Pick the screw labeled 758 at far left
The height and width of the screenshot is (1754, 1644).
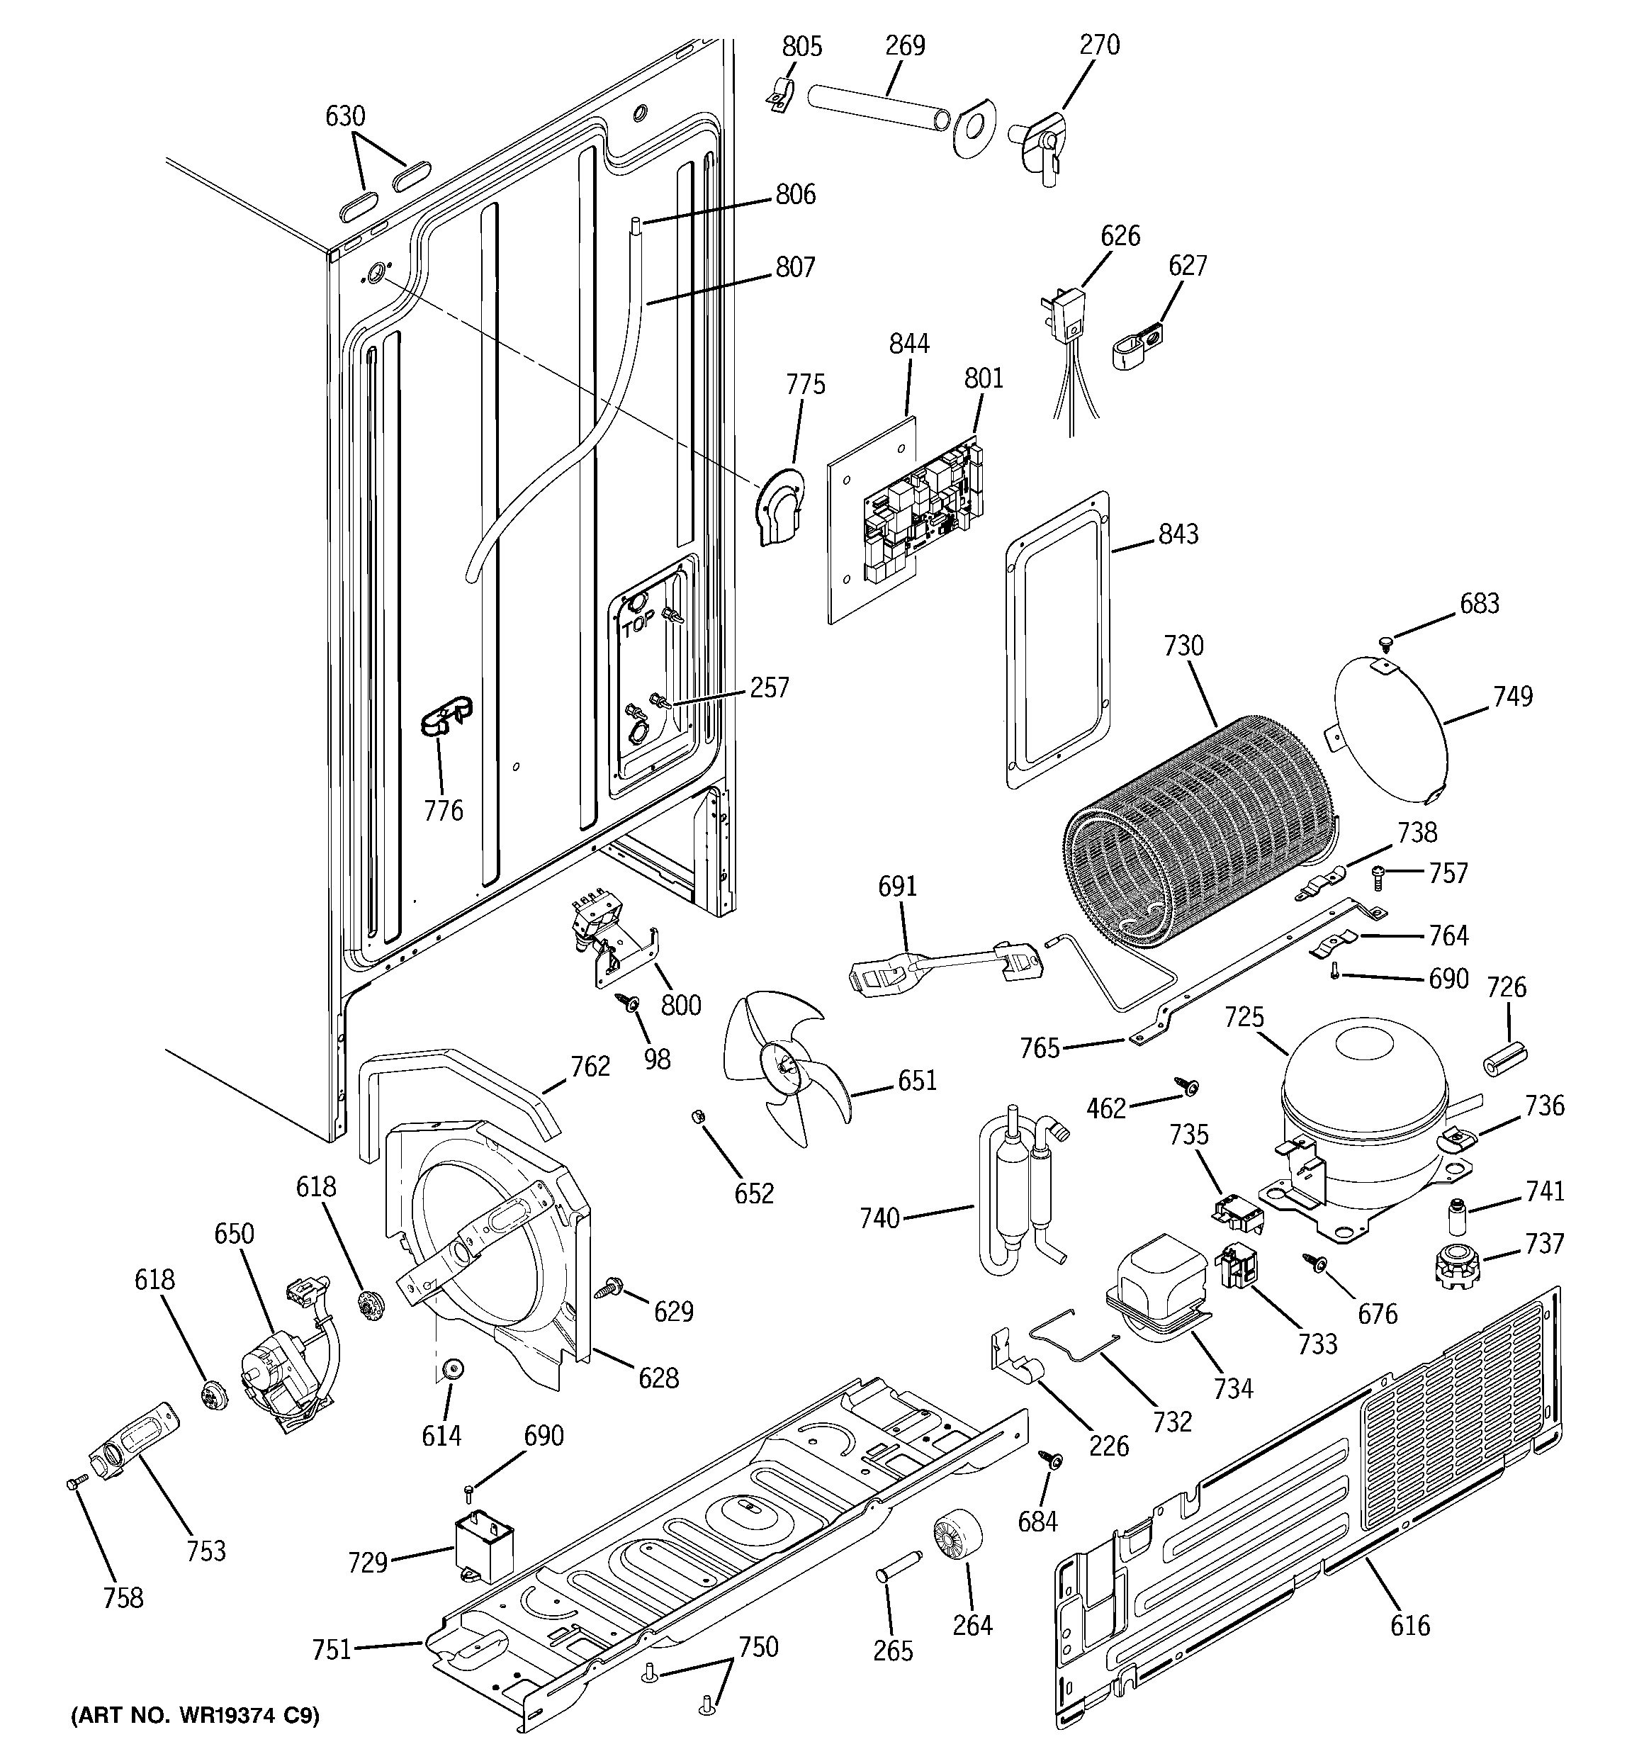(75, 1485)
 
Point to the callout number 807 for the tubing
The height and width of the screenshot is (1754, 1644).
(795, 266)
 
